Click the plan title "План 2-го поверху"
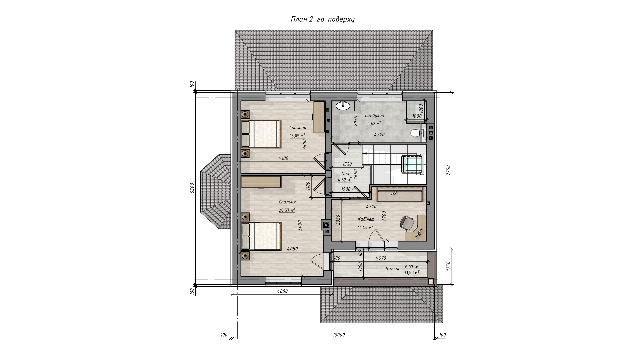point(322,19)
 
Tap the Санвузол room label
point(374,115)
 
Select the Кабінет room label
point(366,219)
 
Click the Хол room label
point(345,174)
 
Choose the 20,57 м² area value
point(287,210)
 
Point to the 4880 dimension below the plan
point(282,291)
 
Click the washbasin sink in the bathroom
point(343,106)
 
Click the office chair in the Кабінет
point(407,223)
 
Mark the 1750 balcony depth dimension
point(448,267)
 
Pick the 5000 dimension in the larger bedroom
point(300,225)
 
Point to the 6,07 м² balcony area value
point(412,267)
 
